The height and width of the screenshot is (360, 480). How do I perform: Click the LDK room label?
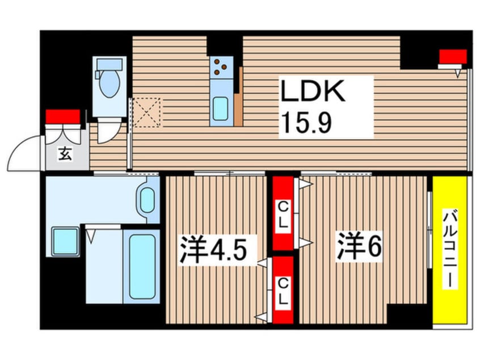(x=311, y=91)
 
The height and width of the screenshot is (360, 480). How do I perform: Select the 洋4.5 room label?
(x=214, y=250)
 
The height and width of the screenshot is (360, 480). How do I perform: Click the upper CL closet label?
(x=283, y=215)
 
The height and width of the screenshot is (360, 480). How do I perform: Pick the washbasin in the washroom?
(x=148, y=199)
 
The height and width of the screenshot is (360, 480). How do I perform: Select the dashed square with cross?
(x=147, y=112)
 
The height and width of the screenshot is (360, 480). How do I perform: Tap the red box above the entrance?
(x=62, y=116)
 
